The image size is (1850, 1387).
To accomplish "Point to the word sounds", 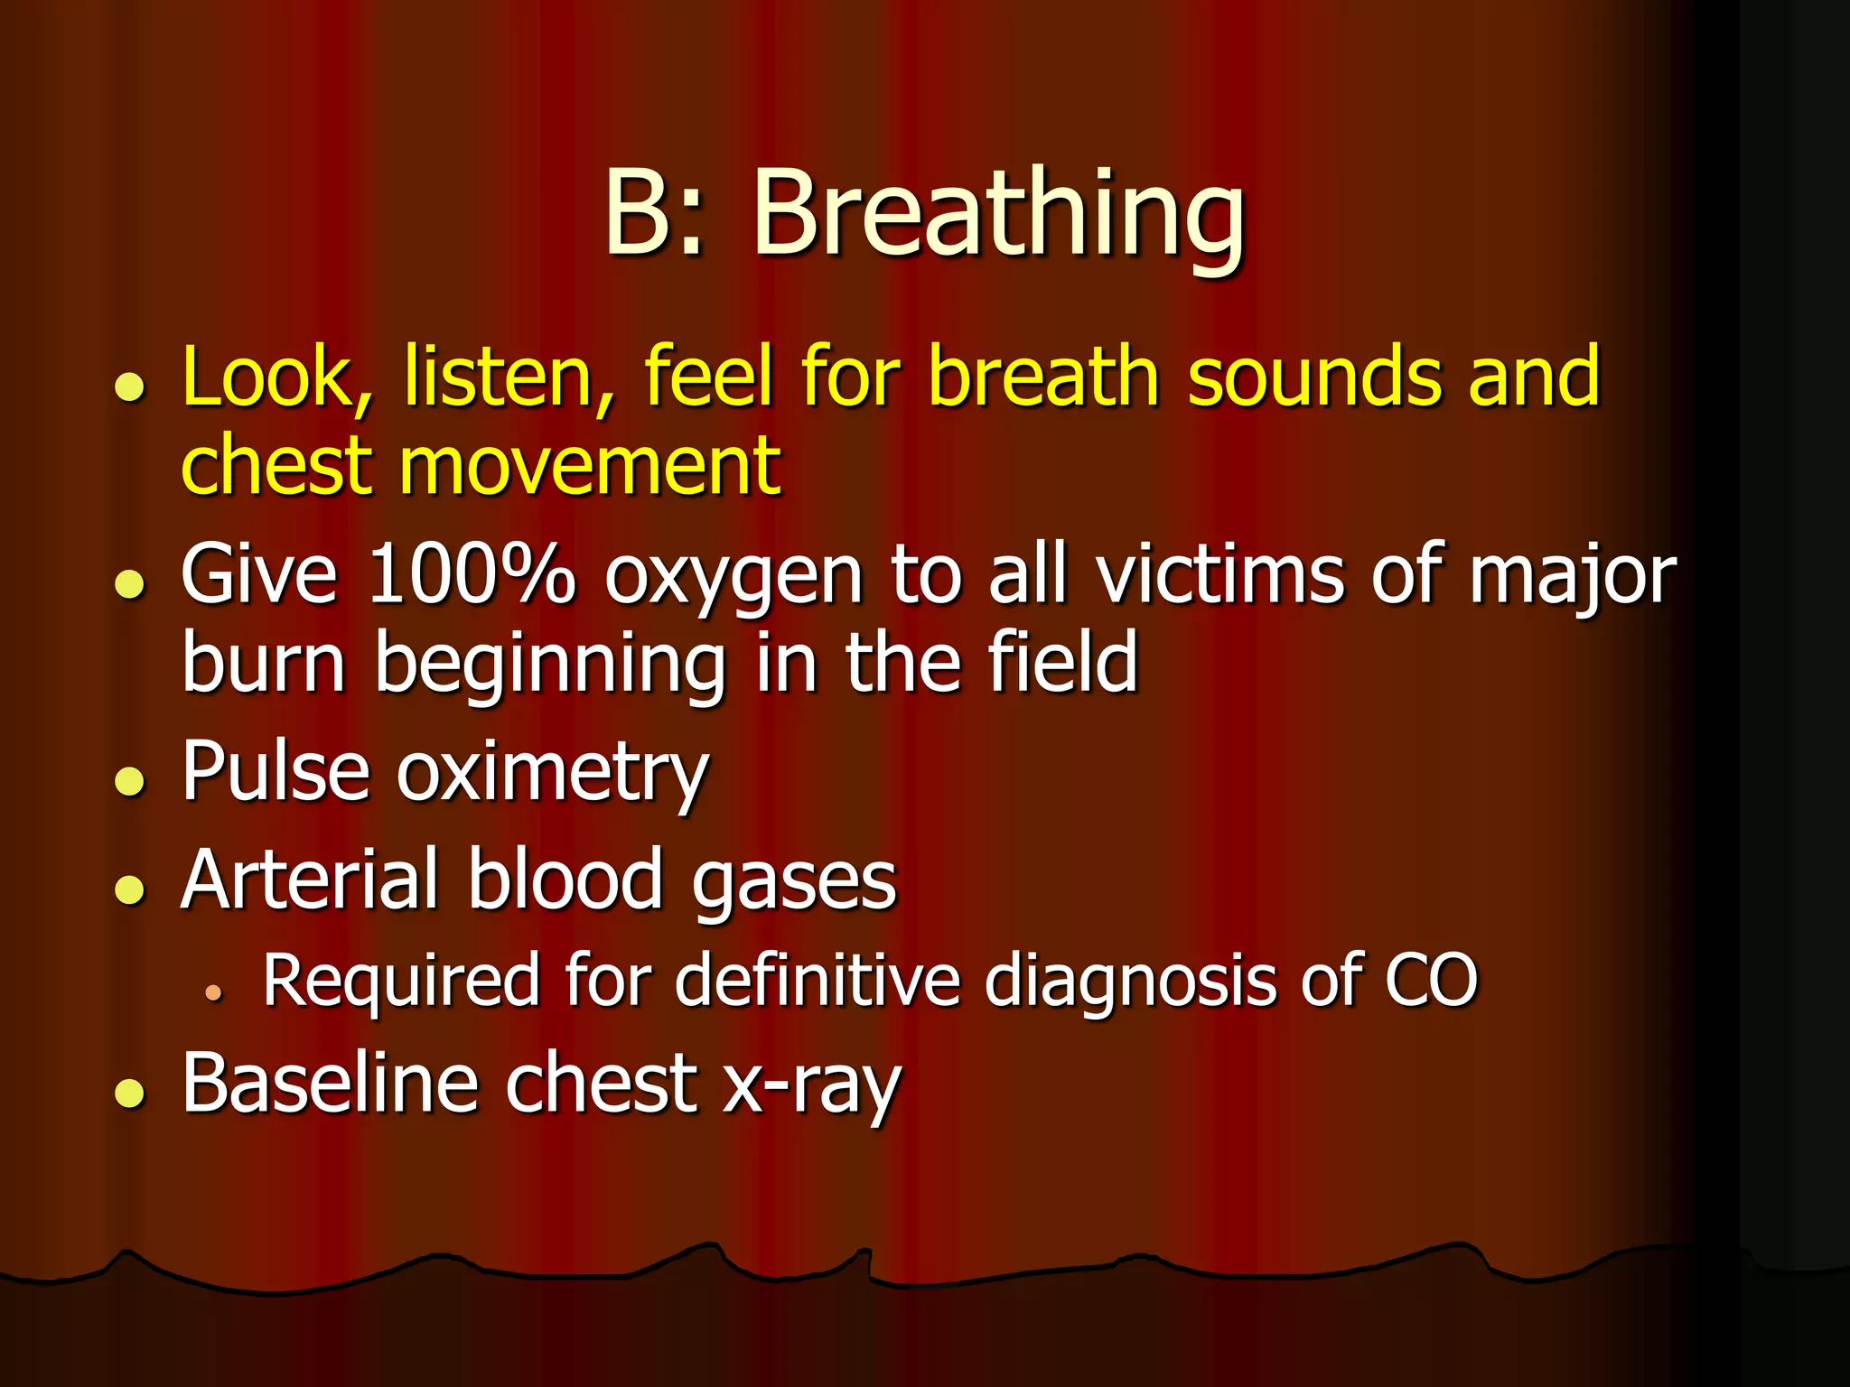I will point(1314,377).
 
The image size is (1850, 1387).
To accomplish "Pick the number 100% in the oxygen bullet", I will point(472,574).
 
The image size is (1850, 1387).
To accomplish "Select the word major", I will point(1572,578).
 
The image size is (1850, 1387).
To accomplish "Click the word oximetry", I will point(552,774).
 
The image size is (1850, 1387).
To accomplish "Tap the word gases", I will point(794,883).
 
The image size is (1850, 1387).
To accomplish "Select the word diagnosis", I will point(1129,982).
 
